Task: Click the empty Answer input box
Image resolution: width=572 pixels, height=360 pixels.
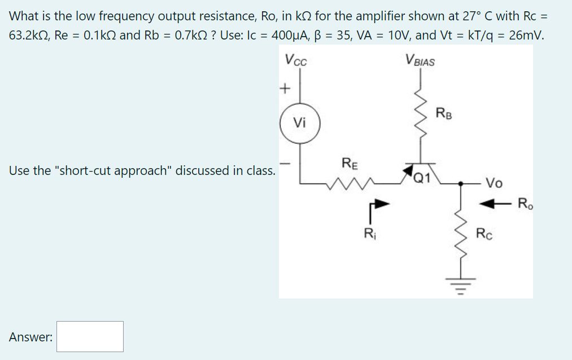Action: click(90, 336)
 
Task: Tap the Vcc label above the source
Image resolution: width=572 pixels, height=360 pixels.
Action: click(296, 59)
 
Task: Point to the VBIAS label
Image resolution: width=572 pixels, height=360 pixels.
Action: click(420, 59)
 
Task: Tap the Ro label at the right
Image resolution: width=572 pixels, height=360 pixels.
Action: click(525, 203)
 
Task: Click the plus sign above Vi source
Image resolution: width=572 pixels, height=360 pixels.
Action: click(285, 89)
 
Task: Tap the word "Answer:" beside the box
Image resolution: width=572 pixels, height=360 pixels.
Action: click(31, 337)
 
